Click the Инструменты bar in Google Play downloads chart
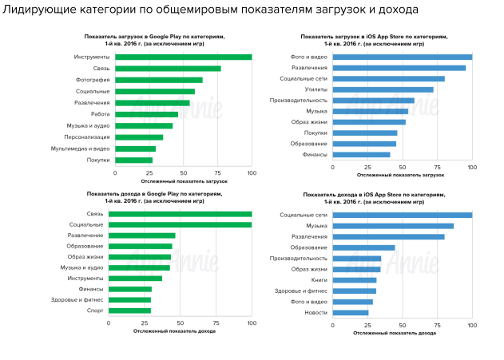coord(183,57)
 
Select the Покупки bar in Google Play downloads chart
coord(133,160)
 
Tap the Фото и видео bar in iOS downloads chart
coord(403,57)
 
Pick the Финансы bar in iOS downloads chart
coord(361,155)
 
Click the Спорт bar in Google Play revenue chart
coord(133,310)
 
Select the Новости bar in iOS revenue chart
coord(350,313)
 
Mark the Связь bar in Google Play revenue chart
coord(183,214)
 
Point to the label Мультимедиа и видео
coord(80,148)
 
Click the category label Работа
coord(100,114)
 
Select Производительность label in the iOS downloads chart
coord(299,101)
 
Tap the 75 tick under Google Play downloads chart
coord(218,173)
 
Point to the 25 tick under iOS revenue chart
coord(367,325)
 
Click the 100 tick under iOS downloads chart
coord(472,168)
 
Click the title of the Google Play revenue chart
coord(156,196)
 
